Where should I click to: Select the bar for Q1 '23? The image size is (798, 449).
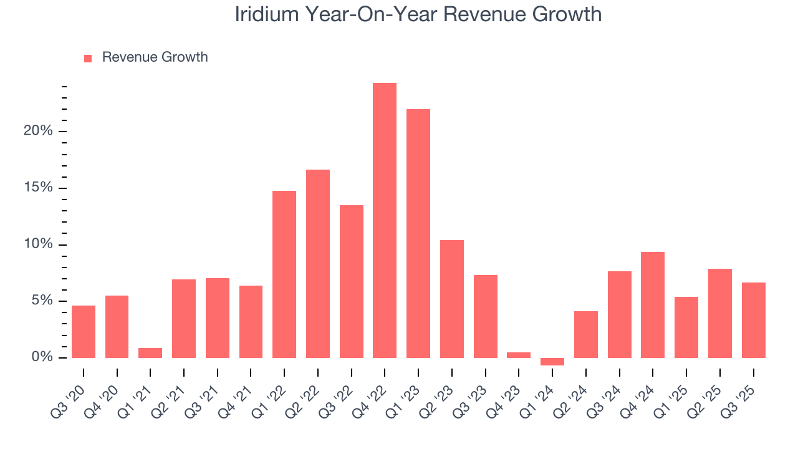tap(418, 233)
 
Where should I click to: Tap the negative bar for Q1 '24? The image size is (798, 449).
tap(552, 362)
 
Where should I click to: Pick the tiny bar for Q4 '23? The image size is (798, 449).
tap(519, 355)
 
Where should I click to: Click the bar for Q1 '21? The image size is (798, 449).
tap(150, 353)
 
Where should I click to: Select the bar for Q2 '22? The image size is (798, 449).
tap(318, 263)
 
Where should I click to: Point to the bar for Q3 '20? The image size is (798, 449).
tap(84, 332)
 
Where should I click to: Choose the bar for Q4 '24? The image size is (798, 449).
tap(653, 304)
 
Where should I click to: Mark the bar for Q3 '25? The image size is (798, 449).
tap(754, 320)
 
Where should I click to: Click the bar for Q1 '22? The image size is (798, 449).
tap(284, 274)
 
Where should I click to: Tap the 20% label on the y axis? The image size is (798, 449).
tap(39, 132)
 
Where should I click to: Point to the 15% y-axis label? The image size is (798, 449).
tap(39, 188)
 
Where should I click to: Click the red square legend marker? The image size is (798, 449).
tap(88, 58)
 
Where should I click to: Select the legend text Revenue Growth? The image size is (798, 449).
tap(155, 57)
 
